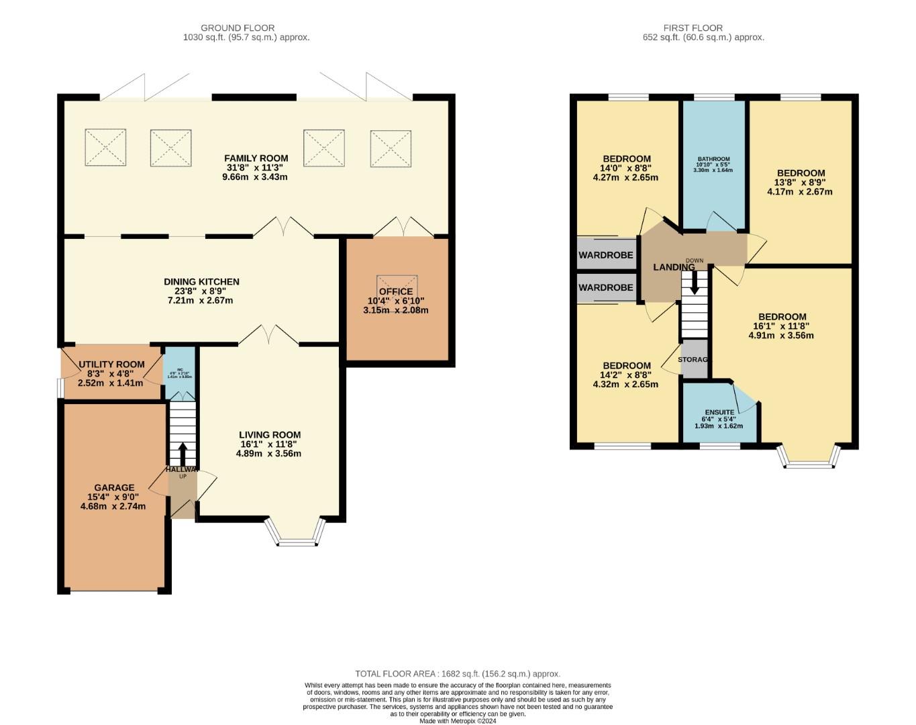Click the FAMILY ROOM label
coord(256,158)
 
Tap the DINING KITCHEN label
coord(201,282)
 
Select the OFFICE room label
coord(395,291)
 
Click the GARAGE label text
coord(114,488)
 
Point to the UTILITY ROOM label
coord(111,365)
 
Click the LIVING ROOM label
coord(270,435)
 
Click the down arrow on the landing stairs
coord(695,282)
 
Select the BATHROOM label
coord(713,160)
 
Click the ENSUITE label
coord(719,412)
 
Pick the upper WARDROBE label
coord(606,255)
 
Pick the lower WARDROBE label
coord(606,287)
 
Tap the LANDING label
coord(674,267)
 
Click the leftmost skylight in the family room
coord(105,147)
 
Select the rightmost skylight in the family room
coord(391,148)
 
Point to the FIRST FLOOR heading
coord(693,28)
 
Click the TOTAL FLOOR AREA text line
coord(458,674)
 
